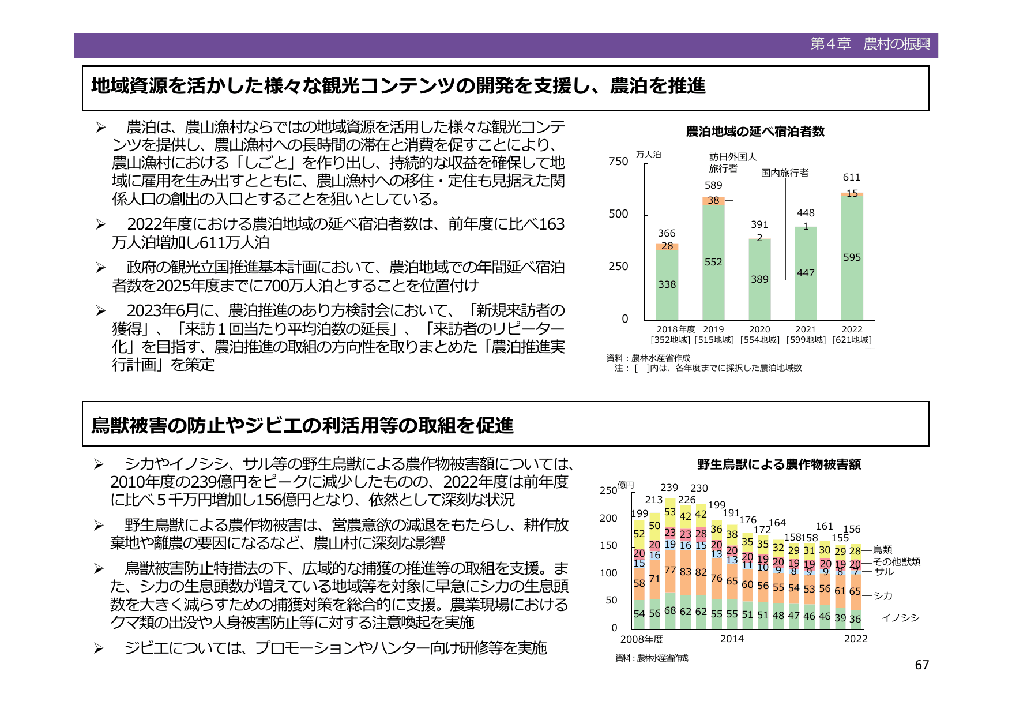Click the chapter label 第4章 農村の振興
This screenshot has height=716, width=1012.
(870, 44)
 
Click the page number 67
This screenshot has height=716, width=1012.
(921, 665)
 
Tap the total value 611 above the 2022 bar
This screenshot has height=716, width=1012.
(851, 177)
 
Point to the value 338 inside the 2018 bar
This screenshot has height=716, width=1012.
(667, 284)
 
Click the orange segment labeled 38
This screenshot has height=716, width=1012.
(713, 200)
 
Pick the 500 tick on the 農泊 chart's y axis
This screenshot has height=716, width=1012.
(618, 214)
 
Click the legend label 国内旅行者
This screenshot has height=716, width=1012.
(784, 173)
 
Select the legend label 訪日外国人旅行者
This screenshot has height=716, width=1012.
(732, 162)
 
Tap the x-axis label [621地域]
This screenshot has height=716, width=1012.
(852, 340)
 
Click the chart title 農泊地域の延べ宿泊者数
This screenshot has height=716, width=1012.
(755, 132)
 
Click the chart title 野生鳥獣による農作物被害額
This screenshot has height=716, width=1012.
(778, 464)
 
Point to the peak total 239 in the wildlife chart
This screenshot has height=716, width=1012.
(669, 488)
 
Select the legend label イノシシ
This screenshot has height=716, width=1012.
(900, 618)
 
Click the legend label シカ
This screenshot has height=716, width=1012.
(883, 596)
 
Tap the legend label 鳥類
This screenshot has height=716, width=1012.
(882, 550)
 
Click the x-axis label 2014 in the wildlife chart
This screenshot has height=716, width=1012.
(732, 639)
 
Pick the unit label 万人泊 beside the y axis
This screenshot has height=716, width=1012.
(648, 155)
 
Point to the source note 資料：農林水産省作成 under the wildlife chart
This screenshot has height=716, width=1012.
(652, 658)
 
